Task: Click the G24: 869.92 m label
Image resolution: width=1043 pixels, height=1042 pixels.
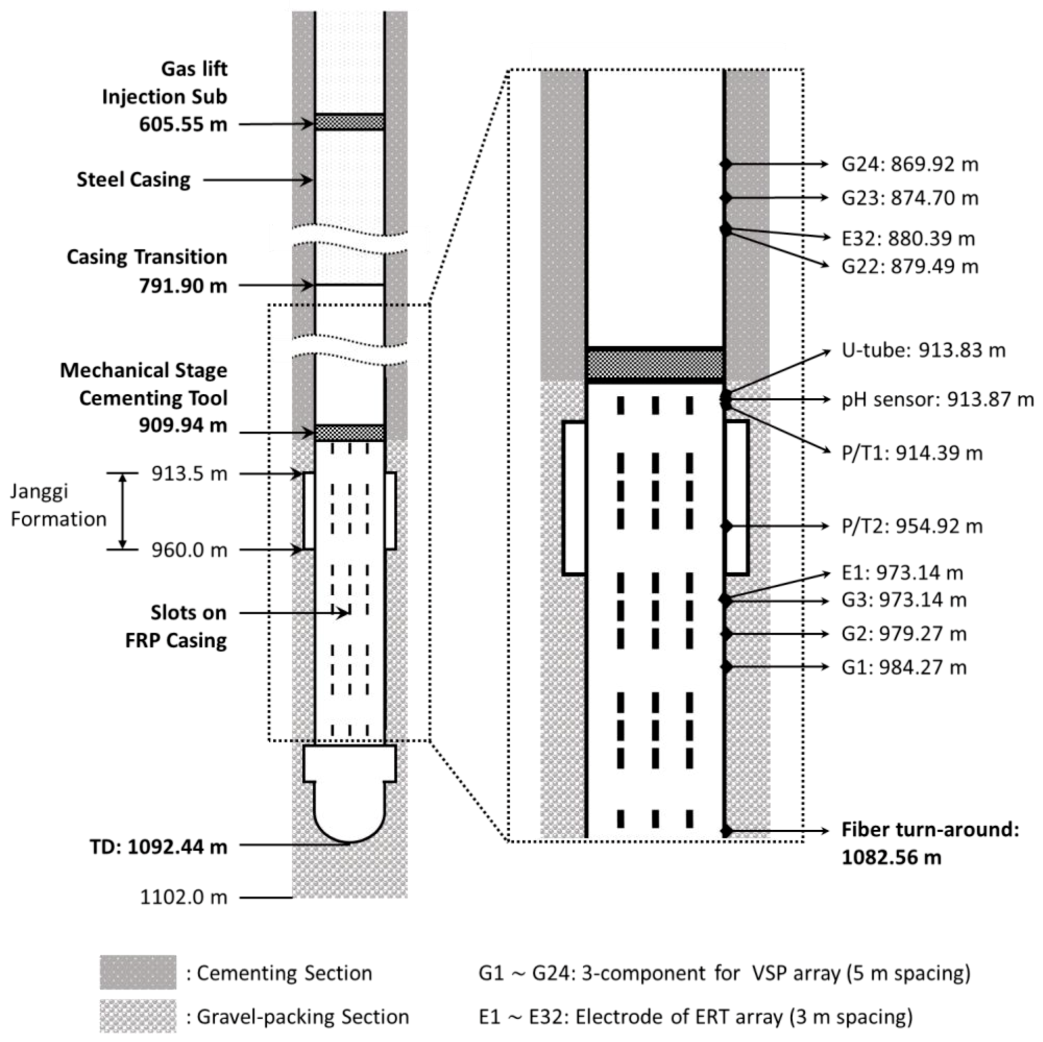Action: tap(909, 164)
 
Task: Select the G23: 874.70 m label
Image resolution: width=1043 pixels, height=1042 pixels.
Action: tap(909, 198)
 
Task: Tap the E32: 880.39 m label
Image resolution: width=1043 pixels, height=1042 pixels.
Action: tap(908, 238)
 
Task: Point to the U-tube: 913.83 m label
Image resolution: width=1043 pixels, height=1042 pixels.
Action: tap(923, 351)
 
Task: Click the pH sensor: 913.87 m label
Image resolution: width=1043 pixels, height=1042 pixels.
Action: tap(937, 400)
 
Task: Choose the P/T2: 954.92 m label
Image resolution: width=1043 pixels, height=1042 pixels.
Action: tap(911, 526)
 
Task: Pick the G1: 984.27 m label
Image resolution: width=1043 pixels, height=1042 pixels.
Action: tap(903, 668)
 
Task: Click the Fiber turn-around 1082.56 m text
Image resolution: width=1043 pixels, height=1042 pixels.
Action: tap(929, 843)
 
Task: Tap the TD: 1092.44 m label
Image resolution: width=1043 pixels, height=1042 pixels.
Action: tap(158, 847)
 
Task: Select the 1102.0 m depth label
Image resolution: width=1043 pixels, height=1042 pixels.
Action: tap(184, 897)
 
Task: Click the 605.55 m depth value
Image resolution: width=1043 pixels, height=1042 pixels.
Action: tap(183, 124)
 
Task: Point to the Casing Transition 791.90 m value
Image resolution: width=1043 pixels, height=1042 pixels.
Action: tap(183, 286)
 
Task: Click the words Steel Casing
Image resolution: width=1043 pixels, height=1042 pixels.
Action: tap(133, 180)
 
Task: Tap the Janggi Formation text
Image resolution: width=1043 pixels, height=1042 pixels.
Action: tap(59, 505)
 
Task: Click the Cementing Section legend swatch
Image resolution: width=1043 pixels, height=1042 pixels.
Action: tap(138, 973)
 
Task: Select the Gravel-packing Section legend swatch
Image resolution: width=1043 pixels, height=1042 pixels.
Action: tap(138, 1016)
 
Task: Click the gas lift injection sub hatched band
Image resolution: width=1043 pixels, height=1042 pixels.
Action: tap(349, 122)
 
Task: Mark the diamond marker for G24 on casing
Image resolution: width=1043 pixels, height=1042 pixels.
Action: tap(726, 164)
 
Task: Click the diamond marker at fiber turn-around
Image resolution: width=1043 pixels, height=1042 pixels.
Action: tap(726, 830)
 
